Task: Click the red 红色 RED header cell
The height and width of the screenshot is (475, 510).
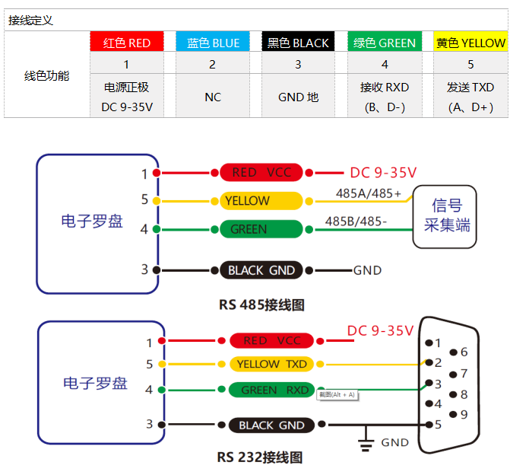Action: coord(126,43)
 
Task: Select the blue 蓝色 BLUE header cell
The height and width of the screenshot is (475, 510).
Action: coord(212,43)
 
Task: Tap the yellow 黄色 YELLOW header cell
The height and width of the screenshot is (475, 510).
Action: coord(470,43)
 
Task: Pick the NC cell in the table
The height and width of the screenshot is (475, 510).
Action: coord(212,97)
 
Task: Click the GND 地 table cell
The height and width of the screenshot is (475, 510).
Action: coord(298,97)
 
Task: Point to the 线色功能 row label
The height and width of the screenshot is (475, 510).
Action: coord(46,75)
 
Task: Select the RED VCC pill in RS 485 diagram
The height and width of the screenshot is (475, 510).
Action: coord(261,172)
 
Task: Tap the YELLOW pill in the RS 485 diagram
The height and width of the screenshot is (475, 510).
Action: coord(261,201)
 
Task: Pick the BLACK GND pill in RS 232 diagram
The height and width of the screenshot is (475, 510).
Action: coord(271,425)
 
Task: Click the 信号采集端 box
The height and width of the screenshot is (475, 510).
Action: coord(445,215)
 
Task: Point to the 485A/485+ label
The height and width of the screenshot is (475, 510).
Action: coord(369,193)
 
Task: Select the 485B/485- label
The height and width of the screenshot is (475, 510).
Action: coord(356,222)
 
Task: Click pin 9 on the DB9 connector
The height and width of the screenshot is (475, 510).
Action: coord(454,415)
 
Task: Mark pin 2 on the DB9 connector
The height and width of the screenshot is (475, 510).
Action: coord(429,363)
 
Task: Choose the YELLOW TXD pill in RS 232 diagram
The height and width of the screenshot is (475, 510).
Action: coord(271,364)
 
